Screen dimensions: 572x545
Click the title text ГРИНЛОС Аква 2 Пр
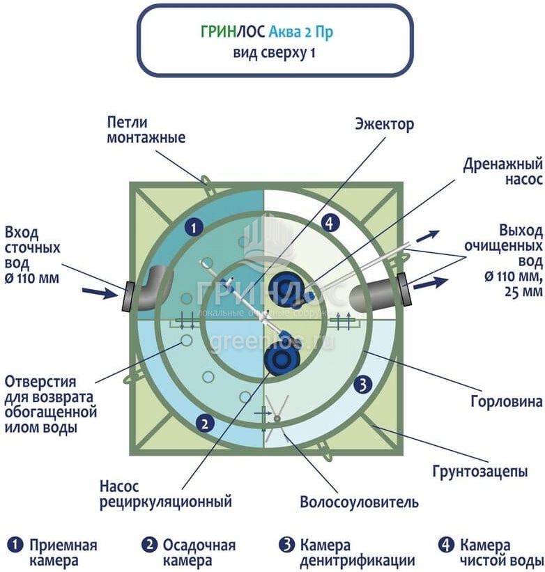(274, 32)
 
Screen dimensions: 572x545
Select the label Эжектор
(384, 125)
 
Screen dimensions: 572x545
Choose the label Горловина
(507, 402)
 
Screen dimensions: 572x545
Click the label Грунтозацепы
(487, 472)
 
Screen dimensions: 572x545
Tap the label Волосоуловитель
(359, 502)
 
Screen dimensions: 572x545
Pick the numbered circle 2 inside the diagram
(204, 422)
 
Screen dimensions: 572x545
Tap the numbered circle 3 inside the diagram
(361, 382)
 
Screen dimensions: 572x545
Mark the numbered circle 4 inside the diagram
(330, 223)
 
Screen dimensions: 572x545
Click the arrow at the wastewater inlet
(104, 293)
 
